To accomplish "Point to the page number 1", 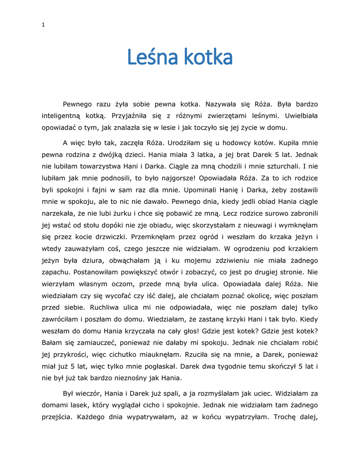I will point(43,25).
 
